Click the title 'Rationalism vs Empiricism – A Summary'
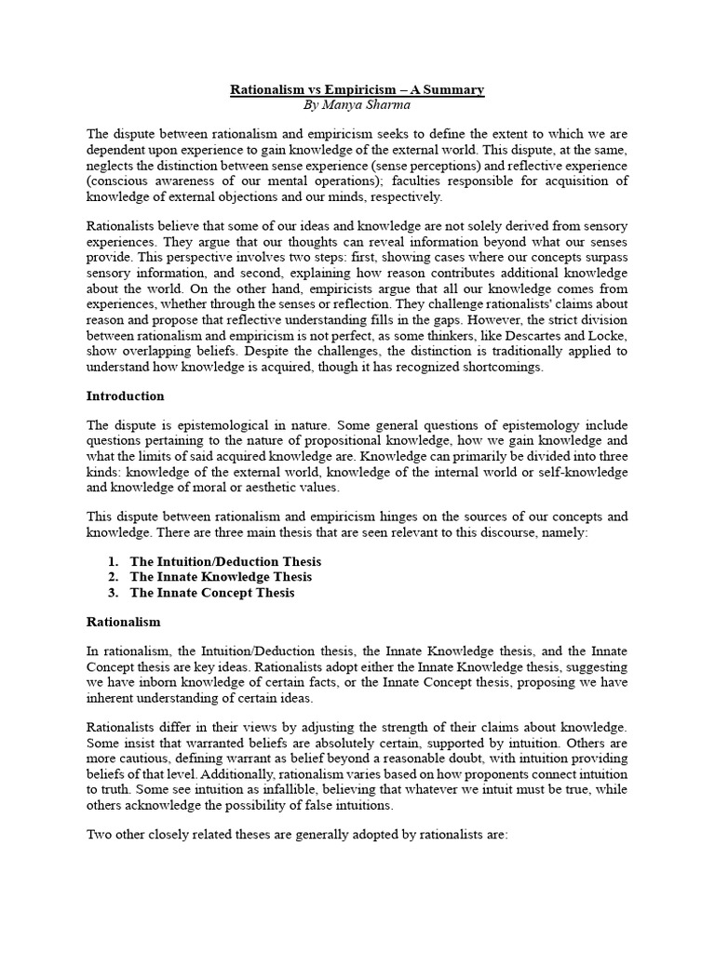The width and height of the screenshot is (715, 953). click(x=357, y=90)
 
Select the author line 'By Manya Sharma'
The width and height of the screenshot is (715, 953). click(x=357, y=106)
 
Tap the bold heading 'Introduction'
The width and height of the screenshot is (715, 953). click(x=126, y=396)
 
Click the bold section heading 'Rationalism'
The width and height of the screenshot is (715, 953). click(x=124, y=621)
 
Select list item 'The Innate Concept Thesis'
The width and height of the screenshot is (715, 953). click(x=212, y=593)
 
